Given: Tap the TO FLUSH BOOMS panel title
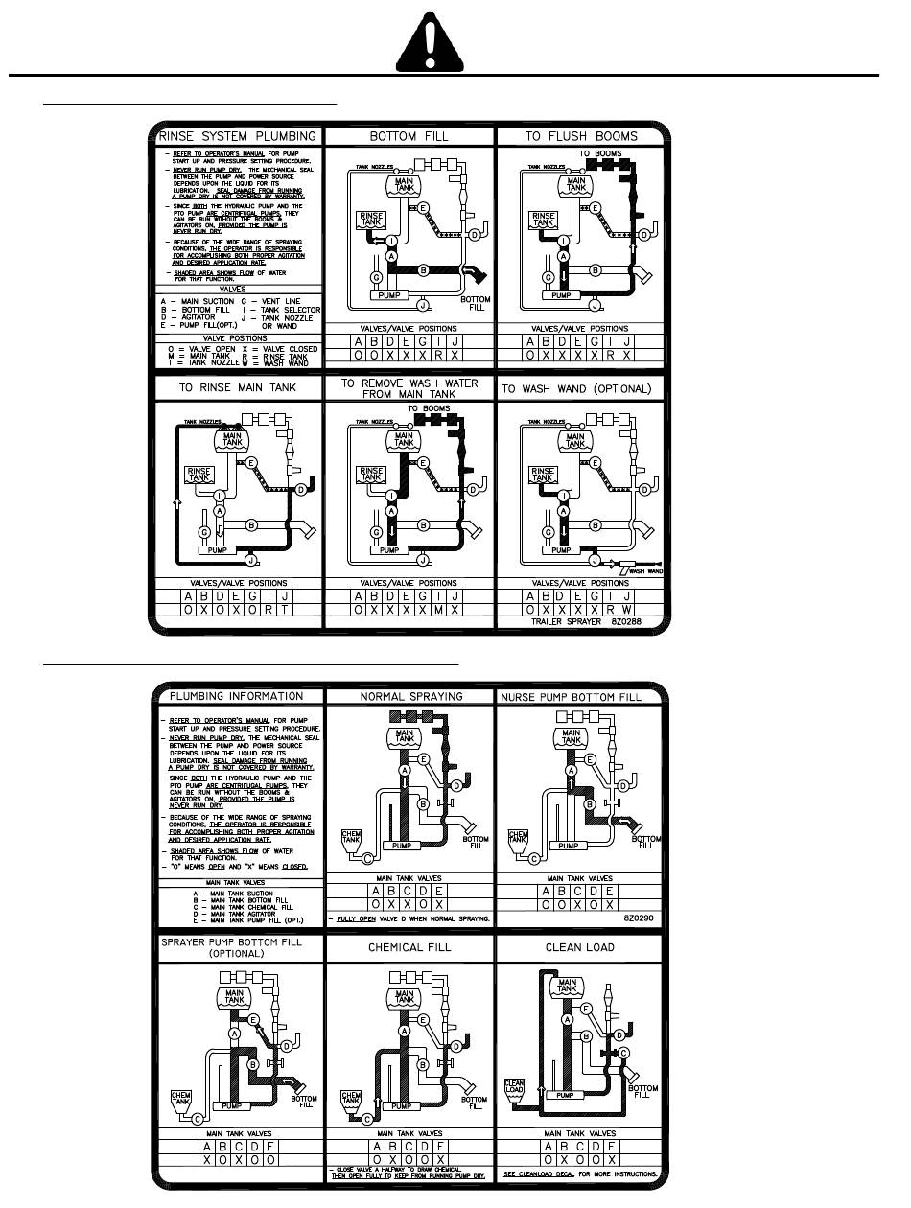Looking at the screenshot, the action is [580, 136].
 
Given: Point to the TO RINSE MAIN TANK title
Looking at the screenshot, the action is [238, 387].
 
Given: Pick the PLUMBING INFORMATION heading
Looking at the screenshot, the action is [236, 696].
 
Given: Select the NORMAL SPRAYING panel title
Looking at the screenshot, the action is [409, 696].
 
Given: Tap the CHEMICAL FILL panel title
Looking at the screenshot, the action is [409, 947].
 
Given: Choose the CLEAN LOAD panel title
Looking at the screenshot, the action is [579, 947].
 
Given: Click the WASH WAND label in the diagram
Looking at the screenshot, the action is [646, 571].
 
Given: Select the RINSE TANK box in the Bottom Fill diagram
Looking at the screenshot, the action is [370, 220].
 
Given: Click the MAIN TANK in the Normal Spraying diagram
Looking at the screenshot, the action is [402, 739].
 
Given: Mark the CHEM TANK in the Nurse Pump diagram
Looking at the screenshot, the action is [518, 842].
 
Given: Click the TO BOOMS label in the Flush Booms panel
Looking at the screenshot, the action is [600, 153].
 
